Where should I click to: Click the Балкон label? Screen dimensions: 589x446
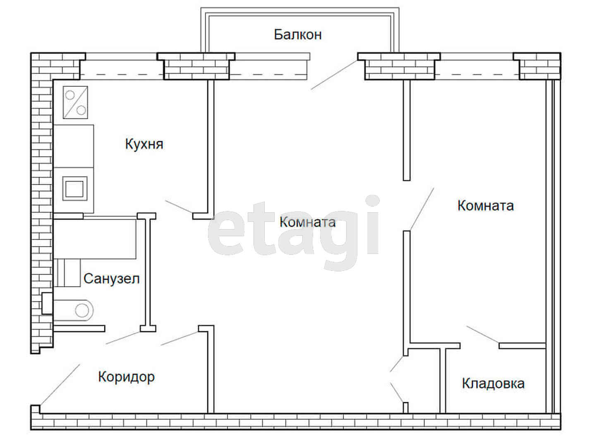click(297, 35)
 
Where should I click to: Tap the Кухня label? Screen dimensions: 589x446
click(144, 144)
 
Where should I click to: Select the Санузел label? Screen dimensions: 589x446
click(112, 279)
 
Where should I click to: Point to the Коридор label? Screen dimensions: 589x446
click(127, 377)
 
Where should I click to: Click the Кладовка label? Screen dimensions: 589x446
click(493, 384)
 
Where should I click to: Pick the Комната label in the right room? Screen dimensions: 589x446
click(486, 206)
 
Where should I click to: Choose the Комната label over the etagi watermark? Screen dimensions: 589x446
click(307, 222)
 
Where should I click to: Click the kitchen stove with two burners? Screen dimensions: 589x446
click(75, 102)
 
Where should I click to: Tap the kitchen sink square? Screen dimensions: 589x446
click(75, 189)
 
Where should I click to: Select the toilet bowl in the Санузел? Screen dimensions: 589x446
click(73, 310)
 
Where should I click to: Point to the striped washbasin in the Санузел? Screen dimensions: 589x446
click(67, 273)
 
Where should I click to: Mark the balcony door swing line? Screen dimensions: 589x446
click(334, 75)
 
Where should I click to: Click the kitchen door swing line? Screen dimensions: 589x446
click(179, 207)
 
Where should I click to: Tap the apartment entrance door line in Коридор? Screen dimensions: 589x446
click(60, 384)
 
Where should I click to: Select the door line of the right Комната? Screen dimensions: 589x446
click(422, 209)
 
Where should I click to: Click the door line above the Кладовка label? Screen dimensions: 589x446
click(483, 334)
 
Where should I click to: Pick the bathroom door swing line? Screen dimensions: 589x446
click(123, 338)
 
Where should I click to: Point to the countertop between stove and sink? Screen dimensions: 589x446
click(74, 146)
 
